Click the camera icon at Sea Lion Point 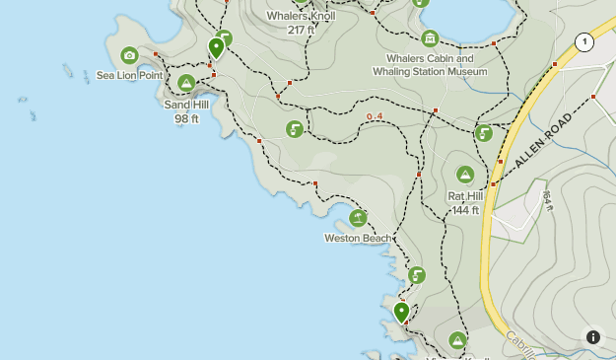(x=129, y=55)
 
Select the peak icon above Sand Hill (x=185, y=83)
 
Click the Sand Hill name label (x=186, y=105)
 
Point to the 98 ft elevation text (x=186, y=118)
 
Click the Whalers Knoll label (x=301, y=16)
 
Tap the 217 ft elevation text (x=301, y=30)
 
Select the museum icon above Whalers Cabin (x=430, y=38)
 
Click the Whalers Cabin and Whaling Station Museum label (x=430, y=65)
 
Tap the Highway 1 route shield (x=584, y=41)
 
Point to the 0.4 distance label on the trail (x=374, y=117)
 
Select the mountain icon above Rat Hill (x=465, y=175)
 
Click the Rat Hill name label (x=465, y=196)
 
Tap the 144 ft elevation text (x=464, y=209)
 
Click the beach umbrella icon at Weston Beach (x=358, y=218)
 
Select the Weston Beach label (x=358, y=238)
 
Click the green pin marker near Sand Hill (x=216, y=47)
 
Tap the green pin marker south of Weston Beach (x=401, y=312)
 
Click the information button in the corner (x=592, y=336)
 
